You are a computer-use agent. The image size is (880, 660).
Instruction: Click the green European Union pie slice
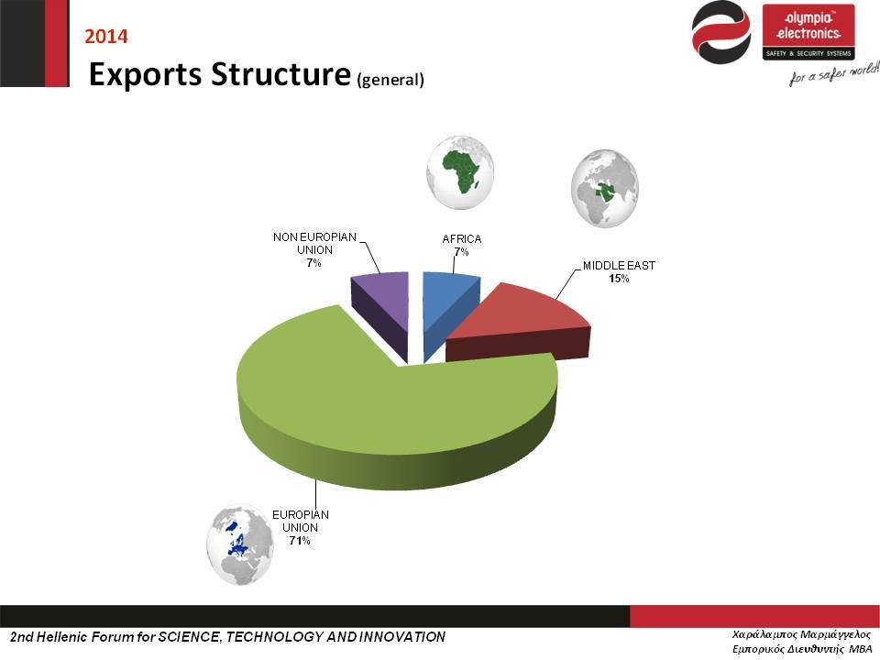tap(393, 415)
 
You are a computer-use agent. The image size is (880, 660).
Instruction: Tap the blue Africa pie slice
tap(450, 308)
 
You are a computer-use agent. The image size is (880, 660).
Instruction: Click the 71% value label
tap(300, 541)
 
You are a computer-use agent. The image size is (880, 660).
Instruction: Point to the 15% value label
tap(619, 279)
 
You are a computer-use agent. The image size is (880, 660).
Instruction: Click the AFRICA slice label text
tap(461, 239)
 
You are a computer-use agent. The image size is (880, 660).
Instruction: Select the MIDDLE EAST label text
tap(619, 266)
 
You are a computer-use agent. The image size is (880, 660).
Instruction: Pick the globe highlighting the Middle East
tap(605, 188)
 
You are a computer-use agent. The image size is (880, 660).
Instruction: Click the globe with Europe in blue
tap(240, 544)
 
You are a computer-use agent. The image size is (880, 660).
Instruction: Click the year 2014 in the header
tap(106, 37)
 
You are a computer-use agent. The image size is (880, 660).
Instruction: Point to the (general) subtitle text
tap(390, 79)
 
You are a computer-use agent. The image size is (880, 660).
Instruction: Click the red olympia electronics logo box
tap(808, 32)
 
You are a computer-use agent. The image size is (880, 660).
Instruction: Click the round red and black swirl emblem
tap(721, 32)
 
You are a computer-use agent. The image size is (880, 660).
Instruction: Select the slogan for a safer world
tap(834, 74)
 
